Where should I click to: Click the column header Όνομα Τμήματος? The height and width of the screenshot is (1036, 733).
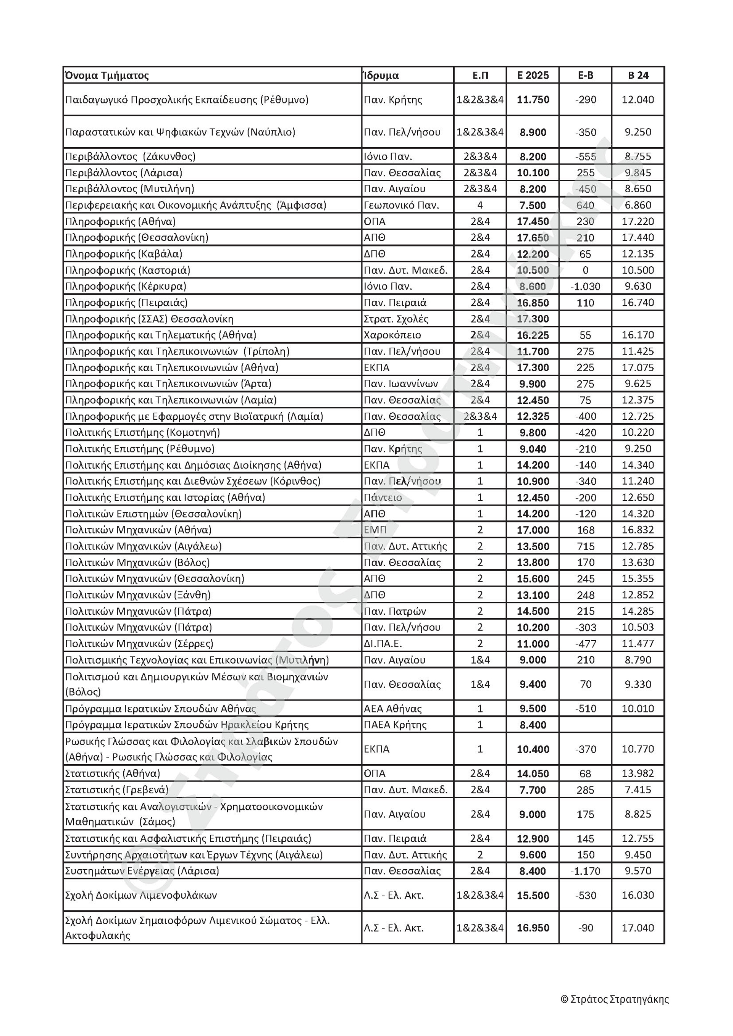(x=107, y=75)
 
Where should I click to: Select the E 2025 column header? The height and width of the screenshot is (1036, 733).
(x=533, y=75)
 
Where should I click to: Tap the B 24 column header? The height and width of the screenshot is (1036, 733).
(x=638, y=75)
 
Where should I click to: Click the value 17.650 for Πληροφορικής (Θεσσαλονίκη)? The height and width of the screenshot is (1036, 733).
(x=533, y=238)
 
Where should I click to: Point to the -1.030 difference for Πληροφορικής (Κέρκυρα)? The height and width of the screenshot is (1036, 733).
(x=585, y=287)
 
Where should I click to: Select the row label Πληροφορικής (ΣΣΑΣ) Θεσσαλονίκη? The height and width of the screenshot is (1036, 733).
(x=149, y=319)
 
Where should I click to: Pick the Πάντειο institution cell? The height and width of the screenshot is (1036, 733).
(x=383, y=498)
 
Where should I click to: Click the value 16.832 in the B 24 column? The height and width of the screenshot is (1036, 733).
(x=638, y=530)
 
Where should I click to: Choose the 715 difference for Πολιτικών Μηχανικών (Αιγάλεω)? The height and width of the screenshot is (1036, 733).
(x=585, y=546)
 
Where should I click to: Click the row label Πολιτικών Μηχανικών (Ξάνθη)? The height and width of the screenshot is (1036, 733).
(x=138, y=595)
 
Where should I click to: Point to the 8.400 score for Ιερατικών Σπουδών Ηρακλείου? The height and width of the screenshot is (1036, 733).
(x=533, y=725)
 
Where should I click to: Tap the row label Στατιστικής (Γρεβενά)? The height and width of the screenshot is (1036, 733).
(x=117, y=790)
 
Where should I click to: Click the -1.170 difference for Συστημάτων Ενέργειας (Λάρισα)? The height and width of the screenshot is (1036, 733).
(x=585, y=871)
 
